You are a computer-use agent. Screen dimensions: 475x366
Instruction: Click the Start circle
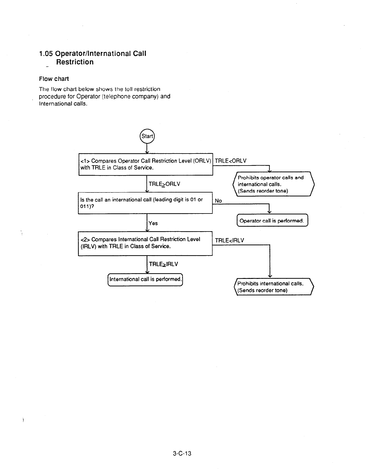click(x=147, y=136)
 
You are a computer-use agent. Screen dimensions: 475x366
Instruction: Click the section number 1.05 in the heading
click(x=46, y=54)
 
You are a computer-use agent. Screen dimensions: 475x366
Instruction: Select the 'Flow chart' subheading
click(x=54, y=79)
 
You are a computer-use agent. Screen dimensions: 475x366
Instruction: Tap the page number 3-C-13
click(x=182, y=453)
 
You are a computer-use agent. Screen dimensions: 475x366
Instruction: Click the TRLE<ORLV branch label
click(x=231, y=161)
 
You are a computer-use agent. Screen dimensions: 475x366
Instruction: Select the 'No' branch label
click(x=218, y=201)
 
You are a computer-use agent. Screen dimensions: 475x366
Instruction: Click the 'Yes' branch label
click(x=153, y=223)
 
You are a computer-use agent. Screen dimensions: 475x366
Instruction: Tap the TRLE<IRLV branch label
click(x=229, y=240)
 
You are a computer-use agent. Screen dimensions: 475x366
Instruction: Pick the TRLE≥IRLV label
click(x=164, y=264)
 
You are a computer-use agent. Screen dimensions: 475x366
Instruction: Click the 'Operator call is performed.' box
click(x=272, y=221)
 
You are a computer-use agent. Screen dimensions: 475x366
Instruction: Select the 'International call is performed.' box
click(x=145, y=279)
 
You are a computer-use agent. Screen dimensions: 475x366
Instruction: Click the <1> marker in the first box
click(x=85, y=161)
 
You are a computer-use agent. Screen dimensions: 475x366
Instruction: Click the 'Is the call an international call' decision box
click(x=145, y=203)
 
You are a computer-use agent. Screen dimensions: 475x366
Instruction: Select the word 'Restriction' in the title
click(x=75, y=62)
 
